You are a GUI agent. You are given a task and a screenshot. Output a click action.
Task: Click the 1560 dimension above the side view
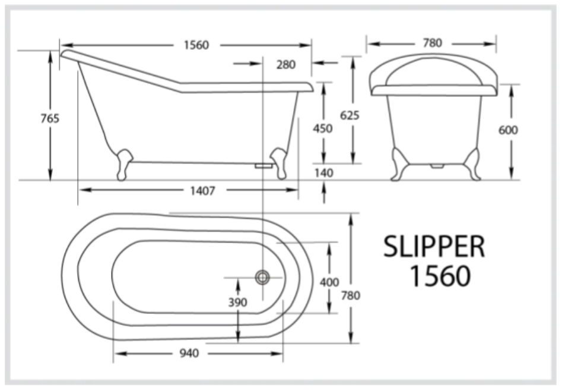tap(196, 45)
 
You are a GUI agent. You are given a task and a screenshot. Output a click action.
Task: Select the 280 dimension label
tap(285, 65)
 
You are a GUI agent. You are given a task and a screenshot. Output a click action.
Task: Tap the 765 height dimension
tap(50, 118)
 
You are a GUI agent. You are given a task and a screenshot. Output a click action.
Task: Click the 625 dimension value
tap(350, 115)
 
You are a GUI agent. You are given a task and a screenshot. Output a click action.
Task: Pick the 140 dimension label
tap(324, 173)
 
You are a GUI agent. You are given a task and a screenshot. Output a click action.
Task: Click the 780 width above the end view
tap(431, 43)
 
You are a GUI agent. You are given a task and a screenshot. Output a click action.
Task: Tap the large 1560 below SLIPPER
tap(440, 275)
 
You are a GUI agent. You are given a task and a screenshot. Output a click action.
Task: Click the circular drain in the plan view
tap(262, 276)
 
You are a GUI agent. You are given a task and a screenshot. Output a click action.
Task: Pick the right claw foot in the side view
tap(278, 162)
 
